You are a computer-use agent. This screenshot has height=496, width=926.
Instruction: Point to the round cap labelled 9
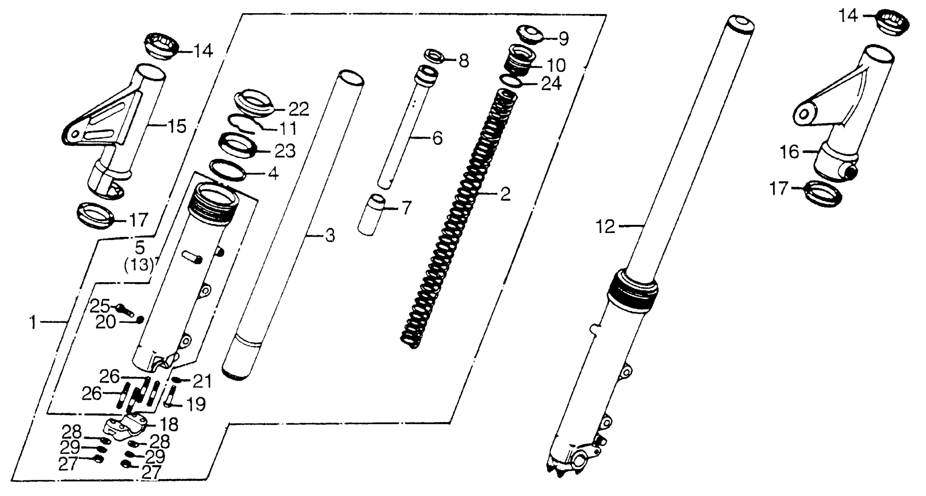coord(530,34)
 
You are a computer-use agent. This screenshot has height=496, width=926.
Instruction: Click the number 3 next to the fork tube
coord(330,236)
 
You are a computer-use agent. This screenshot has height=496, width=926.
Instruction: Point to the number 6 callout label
coord(437,138)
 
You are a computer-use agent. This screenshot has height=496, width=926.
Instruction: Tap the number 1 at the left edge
coord(33,322)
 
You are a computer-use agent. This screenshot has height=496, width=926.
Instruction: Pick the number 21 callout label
coord(202,381)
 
